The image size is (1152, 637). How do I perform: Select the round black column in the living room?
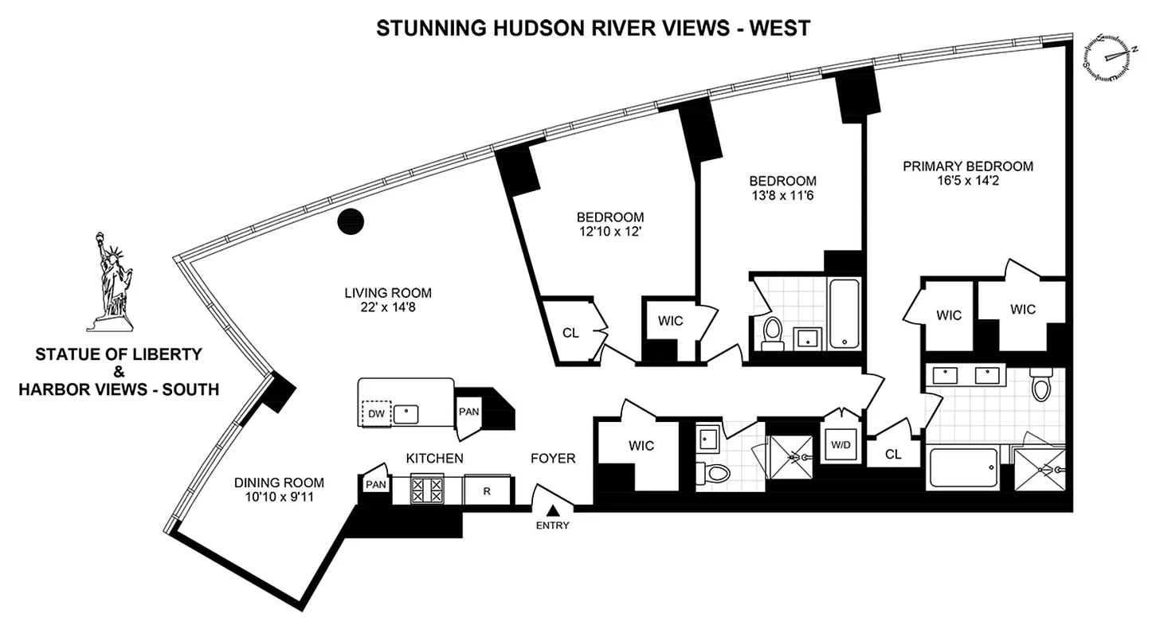351,222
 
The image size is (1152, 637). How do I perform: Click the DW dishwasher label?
375,413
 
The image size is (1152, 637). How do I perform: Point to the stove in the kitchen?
426,489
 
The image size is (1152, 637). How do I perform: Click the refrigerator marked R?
487,490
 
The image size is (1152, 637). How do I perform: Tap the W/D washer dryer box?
840,445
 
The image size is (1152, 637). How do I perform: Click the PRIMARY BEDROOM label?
967,166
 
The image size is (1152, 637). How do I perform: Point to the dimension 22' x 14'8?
388,307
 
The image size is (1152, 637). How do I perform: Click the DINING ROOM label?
279,482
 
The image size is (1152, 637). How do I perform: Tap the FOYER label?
553,458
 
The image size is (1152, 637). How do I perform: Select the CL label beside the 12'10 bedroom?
570,333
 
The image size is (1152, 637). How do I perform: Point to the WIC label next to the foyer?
641,445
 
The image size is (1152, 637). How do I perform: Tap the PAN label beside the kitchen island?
468,411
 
